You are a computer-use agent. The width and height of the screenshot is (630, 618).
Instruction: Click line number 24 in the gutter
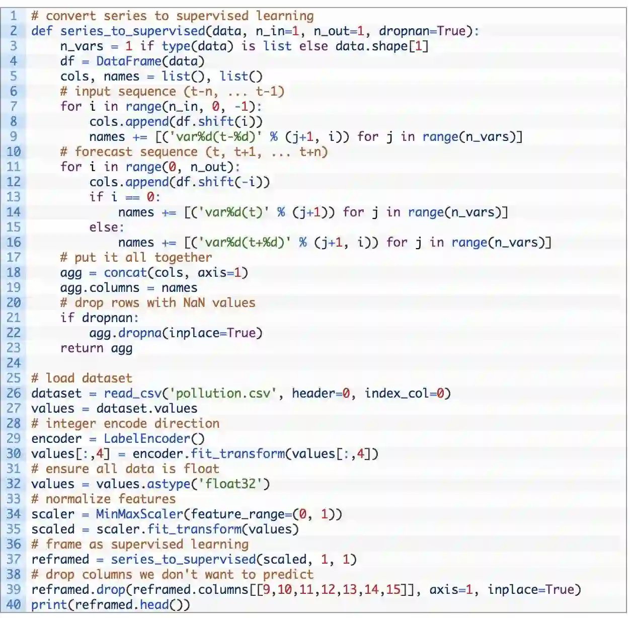point(14,363)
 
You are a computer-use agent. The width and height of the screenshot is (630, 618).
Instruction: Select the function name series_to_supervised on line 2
point(132,31)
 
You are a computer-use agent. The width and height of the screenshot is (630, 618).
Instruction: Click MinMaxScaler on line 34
point(140,514)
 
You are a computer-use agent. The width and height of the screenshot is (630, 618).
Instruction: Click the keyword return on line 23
point(82,348)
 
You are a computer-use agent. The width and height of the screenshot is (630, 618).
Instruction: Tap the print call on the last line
point(49,604)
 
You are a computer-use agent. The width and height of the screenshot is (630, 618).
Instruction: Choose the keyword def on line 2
point(42,31)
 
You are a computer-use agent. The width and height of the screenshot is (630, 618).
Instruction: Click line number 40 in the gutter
point(14,604)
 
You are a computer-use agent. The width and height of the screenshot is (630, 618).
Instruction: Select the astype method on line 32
point(169,484)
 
